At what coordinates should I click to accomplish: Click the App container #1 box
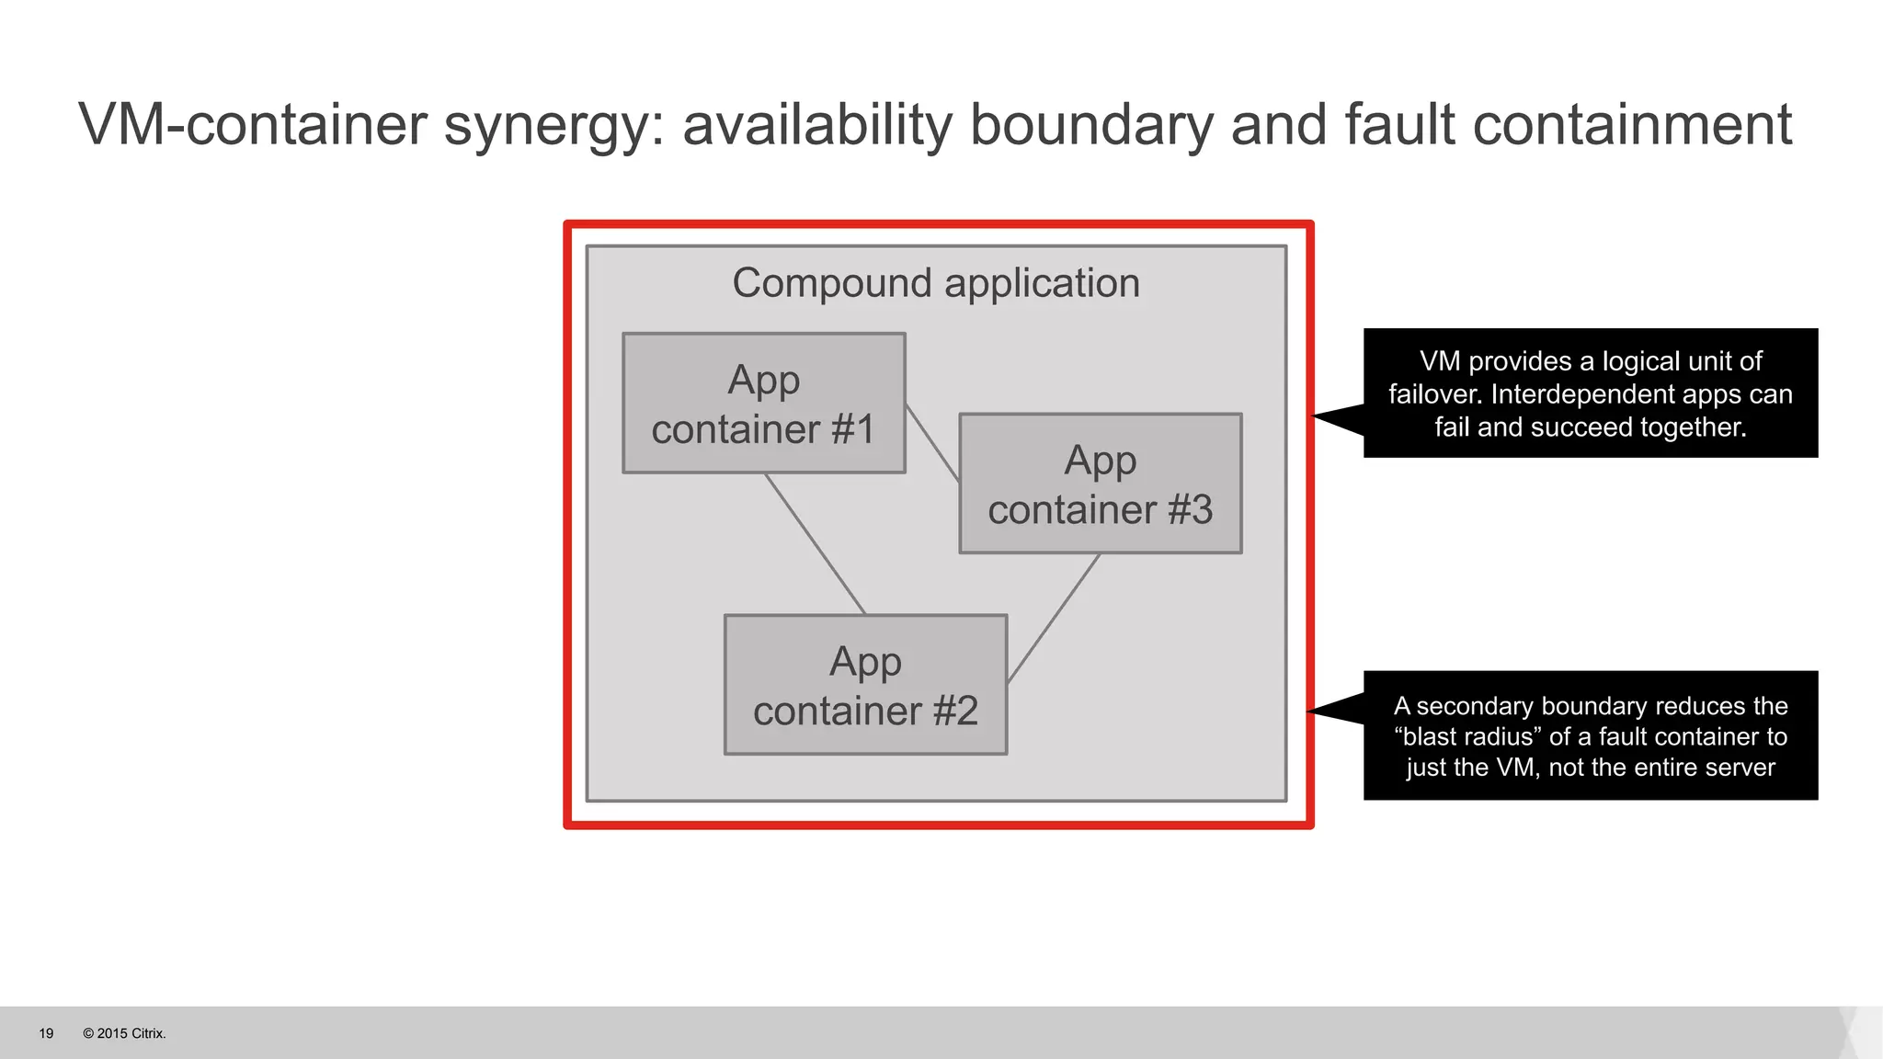(x=763, y=404)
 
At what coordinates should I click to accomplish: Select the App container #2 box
(x=865, y=685)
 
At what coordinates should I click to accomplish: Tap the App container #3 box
(x=1100, y=484)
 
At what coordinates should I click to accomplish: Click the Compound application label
(x=935, y=283)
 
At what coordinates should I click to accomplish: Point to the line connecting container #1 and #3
(x=932, y=442)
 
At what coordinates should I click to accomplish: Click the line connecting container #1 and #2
(x=816, y=544)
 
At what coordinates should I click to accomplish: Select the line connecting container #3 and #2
(x=1055, y=618)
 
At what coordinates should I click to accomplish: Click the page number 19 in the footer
(x=46, y=1033)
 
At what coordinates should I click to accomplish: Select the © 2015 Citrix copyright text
(x=124, y=1033)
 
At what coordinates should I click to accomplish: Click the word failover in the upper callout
(x=1434, y=394)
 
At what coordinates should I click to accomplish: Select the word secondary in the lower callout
(x=1475, y=706)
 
